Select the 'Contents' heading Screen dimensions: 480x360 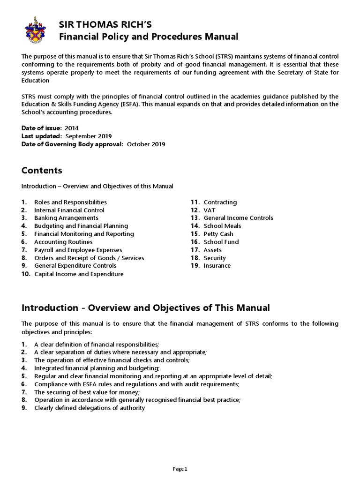(x=42, y=170)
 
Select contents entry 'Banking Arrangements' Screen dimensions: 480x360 (x=66, y=218)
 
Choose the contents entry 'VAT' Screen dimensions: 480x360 (x=209, y=210)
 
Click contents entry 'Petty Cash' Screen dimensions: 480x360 (x=218, y=234)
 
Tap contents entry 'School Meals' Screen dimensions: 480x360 (x=222, y=226)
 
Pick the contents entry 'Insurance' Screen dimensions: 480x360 (x=217, y=266)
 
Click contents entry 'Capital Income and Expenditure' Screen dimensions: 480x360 (x=79, y=274)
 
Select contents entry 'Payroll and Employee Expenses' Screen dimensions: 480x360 (x=78, y=250)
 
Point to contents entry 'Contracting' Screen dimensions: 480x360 (x=220, y=202)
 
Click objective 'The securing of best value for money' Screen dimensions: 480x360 (x=87, y=392)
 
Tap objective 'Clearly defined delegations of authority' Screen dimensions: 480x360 (x=90, y=408)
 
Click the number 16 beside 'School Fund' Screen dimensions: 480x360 (x=195, y=242)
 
